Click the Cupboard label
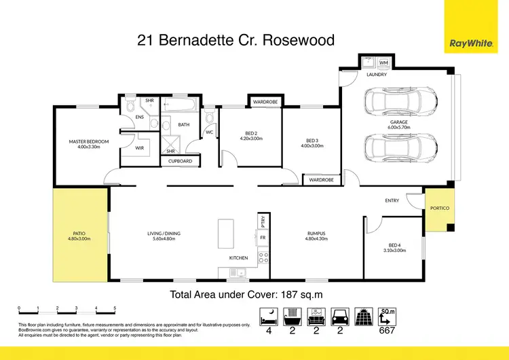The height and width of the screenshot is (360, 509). [x=180, y=161]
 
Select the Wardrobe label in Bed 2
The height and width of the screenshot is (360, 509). [x=265, y=102]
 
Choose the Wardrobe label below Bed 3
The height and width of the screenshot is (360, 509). [x=320, y=180]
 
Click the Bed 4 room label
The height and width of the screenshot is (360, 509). [x=397, y=247]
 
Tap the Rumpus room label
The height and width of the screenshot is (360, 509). [x=316, y=236]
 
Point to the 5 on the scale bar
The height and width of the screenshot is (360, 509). [x=115, y=308]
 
